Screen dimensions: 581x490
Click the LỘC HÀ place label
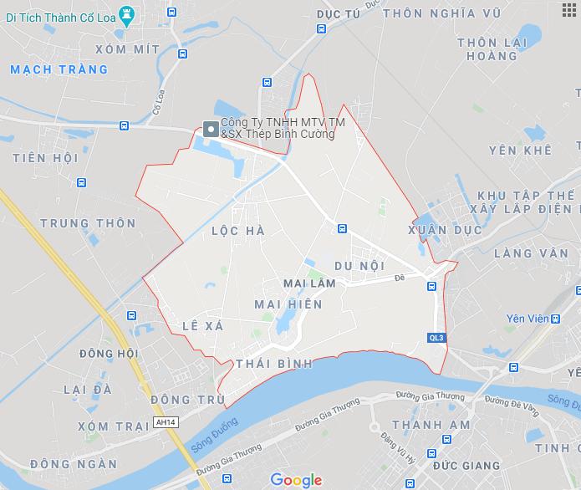232,230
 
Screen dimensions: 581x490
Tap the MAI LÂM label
310,284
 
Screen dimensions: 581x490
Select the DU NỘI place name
359,265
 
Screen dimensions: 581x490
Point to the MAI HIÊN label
288,304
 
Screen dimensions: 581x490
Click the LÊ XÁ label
202,326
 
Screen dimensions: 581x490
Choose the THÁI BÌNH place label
274,364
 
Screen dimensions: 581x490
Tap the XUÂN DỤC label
445,229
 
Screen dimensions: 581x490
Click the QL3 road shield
436,338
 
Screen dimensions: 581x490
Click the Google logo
296,479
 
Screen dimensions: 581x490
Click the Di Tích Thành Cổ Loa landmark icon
126,13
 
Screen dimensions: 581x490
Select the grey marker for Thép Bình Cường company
210,129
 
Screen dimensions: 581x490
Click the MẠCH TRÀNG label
60,69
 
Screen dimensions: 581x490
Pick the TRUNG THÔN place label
88,223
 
